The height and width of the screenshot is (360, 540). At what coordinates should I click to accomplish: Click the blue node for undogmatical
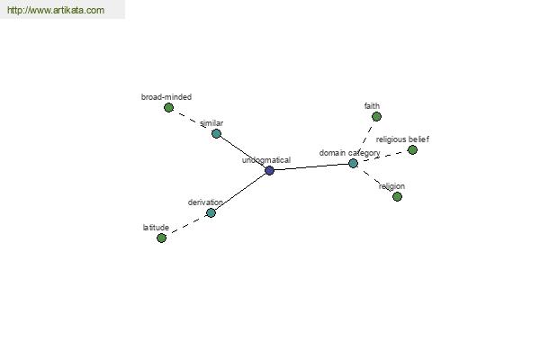269,170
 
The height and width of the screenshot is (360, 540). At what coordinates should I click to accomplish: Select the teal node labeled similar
216,133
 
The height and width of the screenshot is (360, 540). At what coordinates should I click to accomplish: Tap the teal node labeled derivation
211,212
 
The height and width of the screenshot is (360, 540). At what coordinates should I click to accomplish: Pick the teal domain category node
353,163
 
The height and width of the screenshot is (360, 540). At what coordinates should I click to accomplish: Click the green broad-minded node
168,107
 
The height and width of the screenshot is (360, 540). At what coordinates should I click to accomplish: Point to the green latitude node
161,238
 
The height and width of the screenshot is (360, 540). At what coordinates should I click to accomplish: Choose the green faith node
376,116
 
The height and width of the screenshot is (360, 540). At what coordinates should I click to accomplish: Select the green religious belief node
412,149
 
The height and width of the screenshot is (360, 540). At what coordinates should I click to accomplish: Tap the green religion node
397,196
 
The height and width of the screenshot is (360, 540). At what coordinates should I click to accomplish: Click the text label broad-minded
166,97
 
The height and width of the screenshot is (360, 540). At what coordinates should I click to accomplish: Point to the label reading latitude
156,228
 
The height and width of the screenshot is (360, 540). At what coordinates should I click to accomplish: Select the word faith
372,106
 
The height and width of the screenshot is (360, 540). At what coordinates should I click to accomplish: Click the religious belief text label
402,139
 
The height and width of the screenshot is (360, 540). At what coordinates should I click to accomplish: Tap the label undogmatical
266,160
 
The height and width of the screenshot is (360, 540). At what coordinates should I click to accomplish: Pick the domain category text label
349,153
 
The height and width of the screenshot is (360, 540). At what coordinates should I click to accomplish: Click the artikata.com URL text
56,10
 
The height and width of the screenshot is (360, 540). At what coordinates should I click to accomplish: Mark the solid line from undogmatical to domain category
311,166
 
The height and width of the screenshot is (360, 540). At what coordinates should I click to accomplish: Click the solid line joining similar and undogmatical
243,151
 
